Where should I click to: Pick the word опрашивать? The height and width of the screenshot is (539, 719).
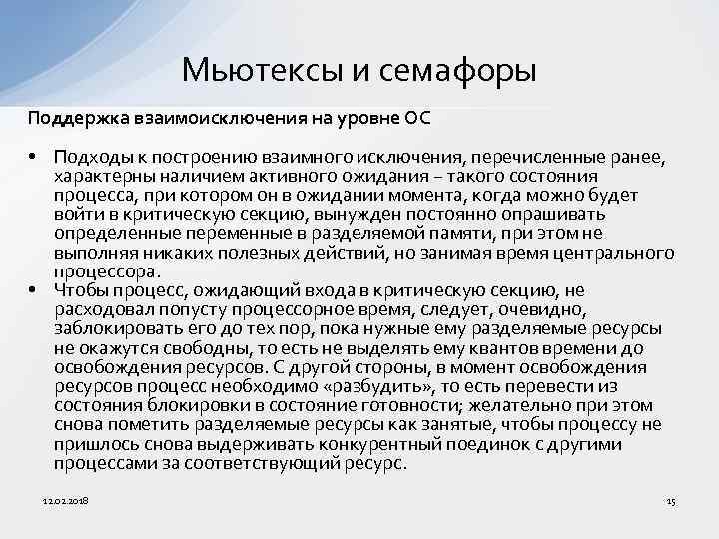point(562,214)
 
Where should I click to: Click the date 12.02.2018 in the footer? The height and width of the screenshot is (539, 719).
point(67,499)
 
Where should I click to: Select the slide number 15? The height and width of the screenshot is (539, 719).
point(671,499)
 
